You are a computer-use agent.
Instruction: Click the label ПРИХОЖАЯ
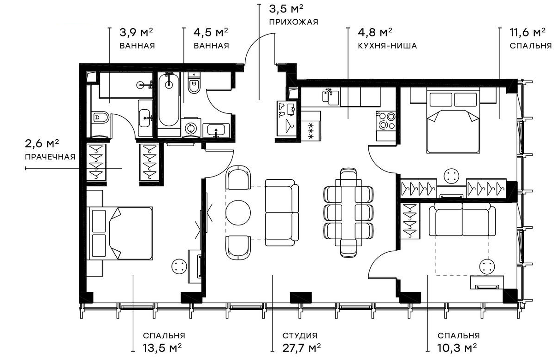(293, 22)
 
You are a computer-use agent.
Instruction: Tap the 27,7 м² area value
(302, 348)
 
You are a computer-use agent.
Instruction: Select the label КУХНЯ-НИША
(387, 46)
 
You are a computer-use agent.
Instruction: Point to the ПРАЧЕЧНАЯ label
(50, 157)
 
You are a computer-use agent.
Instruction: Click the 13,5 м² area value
(162, 348)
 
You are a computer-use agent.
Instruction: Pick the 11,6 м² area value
(527, 32)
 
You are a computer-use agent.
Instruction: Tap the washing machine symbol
(190, 128)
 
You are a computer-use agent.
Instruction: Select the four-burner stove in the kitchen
(386, 121)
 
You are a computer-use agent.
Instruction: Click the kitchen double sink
(331, 98)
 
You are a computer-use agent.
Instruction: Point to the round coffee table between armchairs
(238, 212)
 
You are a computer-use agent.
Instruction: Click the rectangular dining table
(349, 212)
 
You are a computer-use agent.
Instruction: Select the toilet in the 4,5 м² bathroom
(194, 83)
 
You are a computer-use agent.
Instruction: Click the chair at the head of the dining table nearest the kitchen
(349, 177)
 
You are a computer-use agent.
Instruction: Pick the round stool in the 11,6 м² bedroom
(451, 176)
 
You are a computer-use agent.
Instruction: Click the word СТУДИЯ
(300, 336)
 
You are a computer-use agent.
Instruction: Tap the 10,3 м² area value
(457, 348)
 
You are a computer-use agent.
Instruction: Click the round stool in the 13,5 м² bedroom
(179, 266)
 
